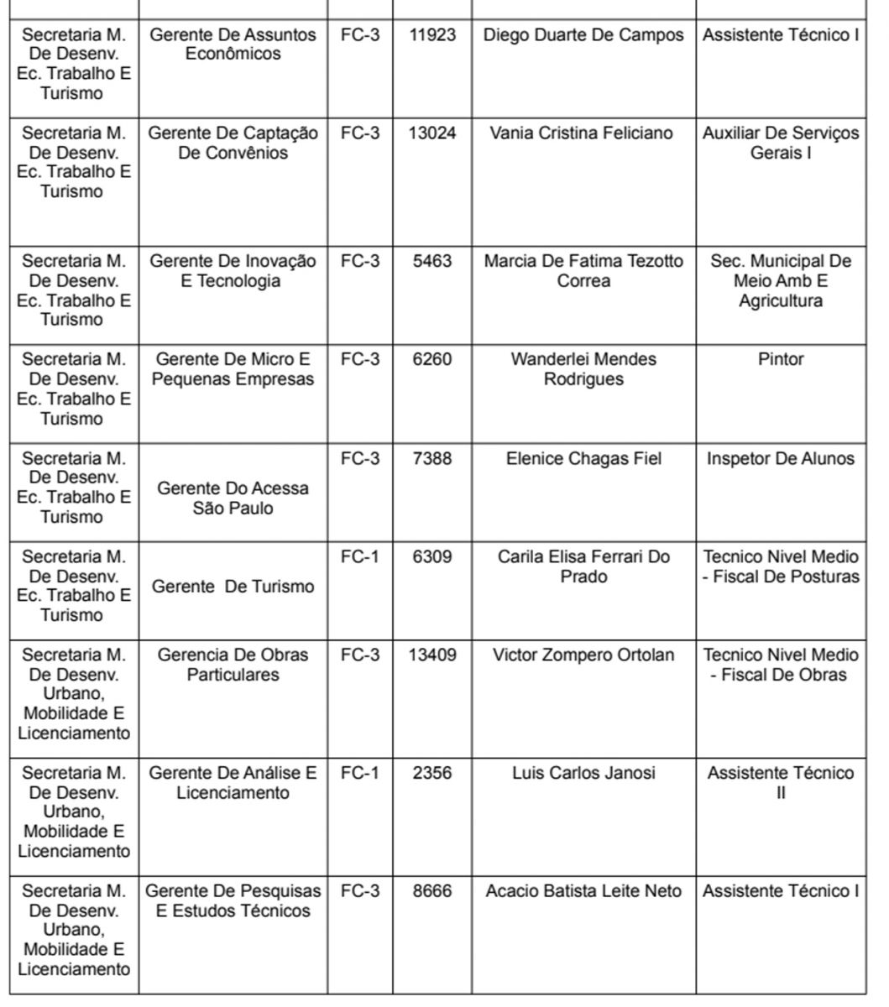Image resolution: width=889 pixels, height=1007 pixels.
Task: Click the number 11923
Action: [x=431, y=35]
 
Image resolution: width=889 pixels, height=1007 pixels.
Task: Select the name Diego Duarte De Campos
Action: [x=583, y=35]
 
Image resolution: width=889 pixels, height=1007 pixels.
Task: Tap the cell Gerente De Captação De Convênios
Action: [x=233, y=143]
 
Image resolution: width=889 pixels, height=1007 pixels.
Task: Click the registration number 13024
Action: [x=431, y=133]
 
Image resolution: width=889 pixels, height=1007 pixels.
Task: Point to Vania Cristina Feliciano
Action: [x=582, y=133]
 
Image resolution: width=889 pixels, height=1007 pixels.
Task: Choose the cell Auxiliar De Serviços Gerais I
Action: [x=781, y=143]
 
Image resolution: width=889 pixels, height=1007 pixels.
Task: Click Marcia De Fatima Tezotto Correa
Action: [x=583, y=271]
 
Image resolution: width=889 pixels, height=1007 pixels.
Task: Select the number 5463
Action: [x=431, y=262]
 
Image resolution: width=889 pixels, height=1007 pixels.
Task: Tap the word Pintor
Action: [x=781, y=359]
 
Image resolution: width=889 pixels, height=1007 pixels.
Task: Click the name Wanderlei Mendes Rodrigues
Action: [x=583, y=369]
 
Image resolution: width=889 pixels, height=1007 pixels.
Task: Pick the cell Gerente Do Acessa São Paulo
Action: [x=233, y=498]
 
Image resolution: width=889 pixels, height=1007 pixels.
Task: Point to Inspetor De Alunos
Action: [x=781, y=459]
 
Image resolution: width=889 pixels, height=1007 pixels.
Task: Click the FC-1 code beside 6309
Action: [x=359, y=557]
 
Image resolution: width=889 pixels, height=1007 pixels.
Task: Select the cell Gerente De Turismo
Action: [x=233, y=587]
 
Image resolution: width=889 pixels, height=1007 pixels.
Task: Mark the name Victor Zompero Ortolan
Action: [x=583, y=655]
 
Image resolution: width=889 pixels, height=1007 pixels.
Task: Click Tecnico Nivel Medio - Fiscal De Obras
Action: [x=781, y=665]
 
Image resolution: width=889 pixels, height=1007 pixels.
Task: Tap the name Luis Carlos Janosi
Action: [x=583, y=773]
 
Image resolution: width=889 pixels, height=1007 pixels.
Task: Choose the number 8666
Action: [x=431, y=891]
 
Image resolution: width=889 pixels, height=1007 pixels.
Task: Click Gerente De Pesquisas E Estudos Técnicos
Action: [x=233, y=901]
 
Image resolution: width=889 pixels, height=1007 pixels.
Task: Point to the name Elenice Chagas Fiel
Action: [x=583, y=459]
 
